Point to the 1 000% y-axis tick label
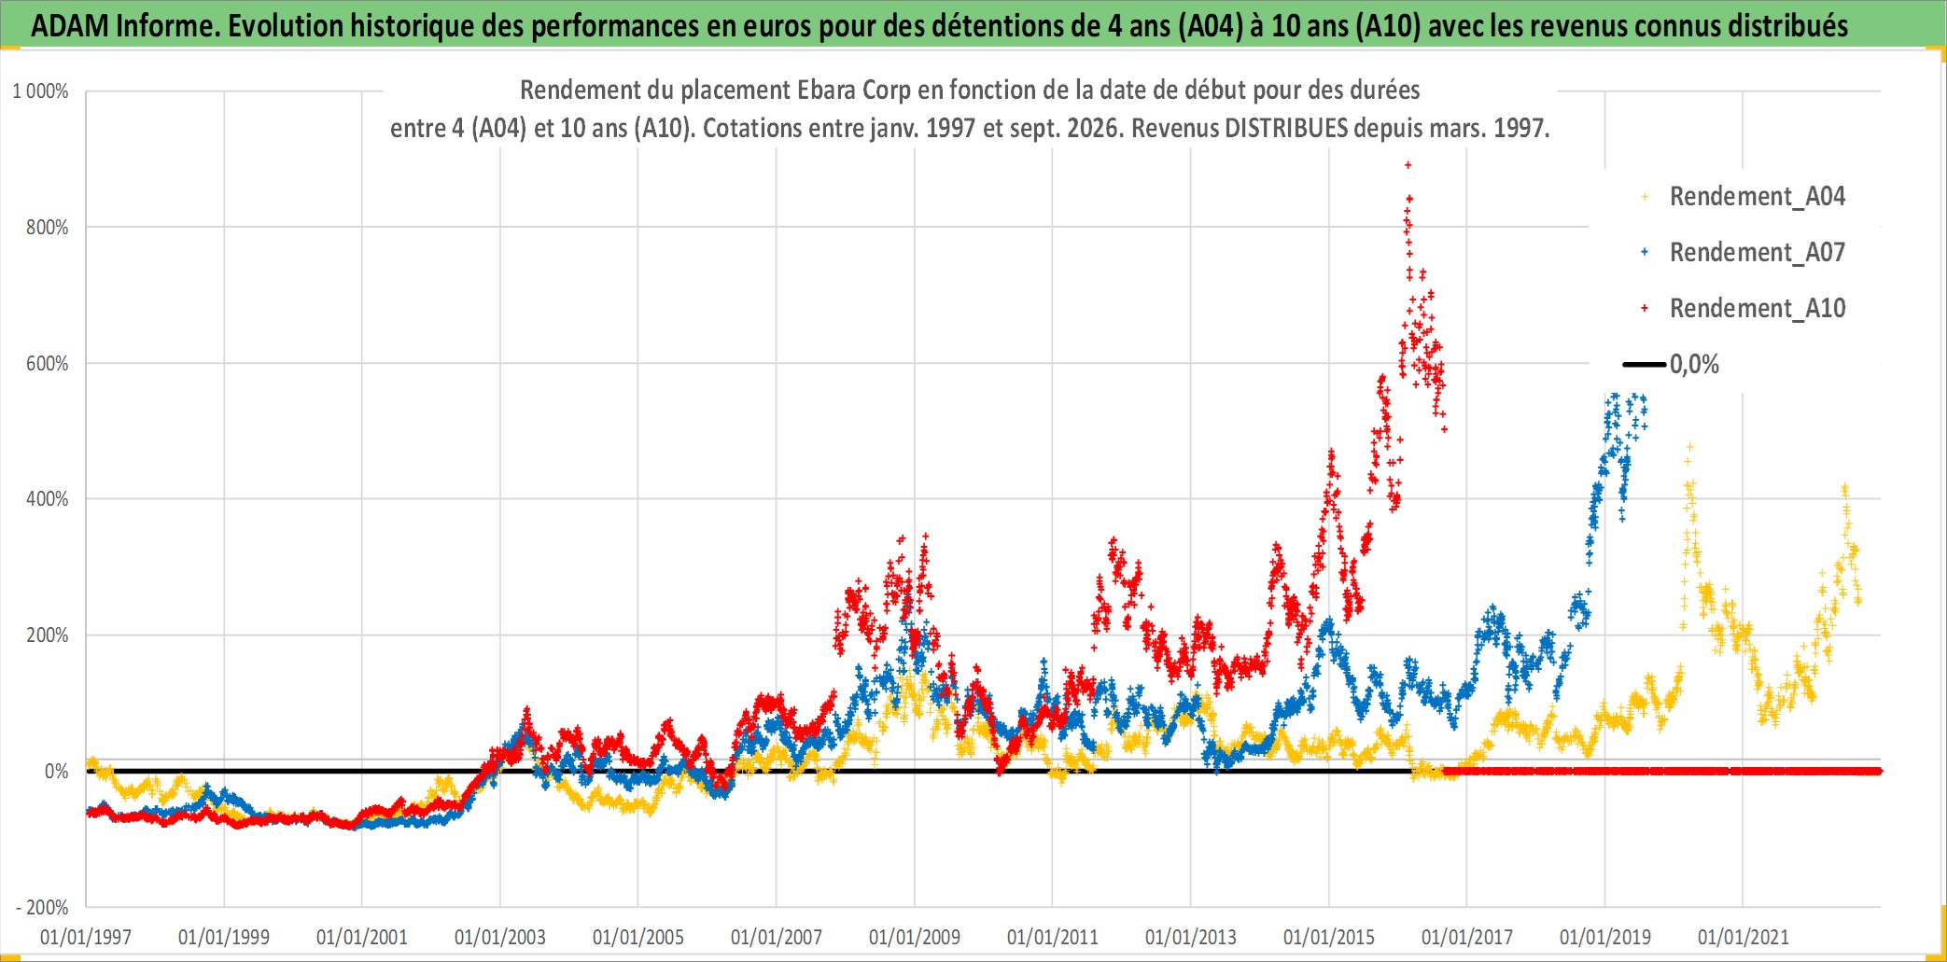(40, 91)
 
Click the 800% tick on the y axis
(48, 228)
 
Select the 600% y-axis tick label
(48, 364)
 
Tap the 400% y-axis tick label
(48, 499)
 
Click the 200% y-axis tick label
(48, 635)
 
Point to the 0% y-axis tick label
(56, 772)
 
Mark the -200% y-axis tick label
(42, 907)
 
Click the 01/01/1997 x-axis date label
(86, 937)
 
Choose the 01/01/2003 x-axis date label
(500, 937)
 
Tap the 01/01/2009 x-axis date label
(915, 937)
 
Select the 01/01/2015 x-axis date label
(1329, 937)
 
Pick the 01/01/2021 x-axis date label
(1744, 937)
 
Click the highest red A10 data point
(1408, 165)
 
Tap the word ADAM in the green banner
(70, 26)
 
